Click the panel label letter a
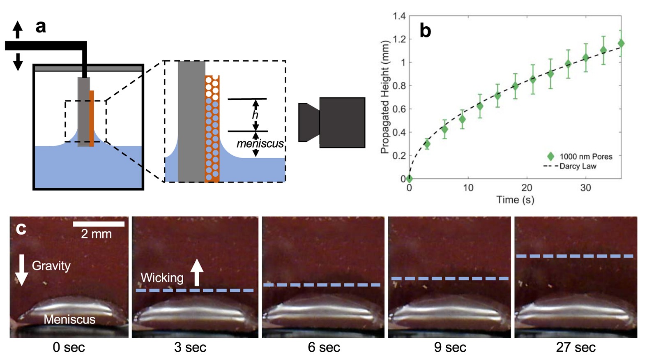point(41,27)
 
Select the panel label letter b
point(425,31)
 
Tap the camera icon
point(332,122)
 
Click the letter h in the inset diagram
point(255,115)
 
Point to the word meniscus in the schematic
point(260,143)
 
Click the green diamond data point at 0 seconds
point(409,178)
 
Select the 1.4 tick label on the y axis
point(399,16)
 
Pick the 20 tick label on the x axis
point(527,188)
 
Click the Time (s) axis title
point(515,200)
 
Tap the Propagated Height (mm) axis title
point(385,97)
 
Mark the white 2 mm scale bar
point(99,224)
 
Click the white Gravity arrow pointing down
point(22,270)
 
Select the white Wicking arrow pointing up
point(197,272)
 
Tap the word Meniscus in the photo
point(69,319)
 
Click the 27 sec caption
point(576,348)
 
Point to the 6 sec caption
point(324,348)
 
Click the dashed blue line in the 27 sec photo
point(575,256)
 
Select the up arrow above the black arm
point(17,29)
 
